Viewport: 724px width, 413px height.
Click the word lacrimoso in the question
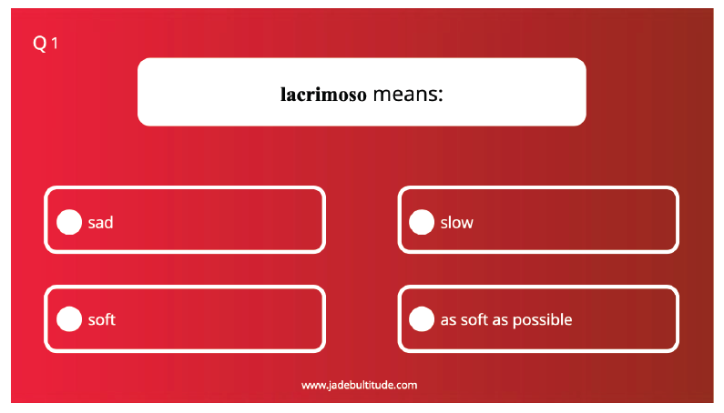click(x=323, y=95)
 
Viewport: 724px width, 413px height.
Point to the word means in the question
click(x=404, y=95)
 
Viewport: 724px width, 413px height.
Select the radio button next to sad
click(x=69, y=222)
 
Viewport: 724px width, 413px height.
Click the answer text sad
click(x=101, y=223)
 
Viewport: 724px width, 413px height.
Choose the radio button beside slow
click(x=422, y=222)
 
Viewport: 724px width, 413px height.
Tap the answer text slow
click(x=456, y=223)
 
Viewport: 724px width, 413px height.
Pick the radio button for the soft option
click(x=69, y=319)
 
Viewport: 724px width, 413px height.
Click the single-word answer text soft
click(x=102, y=319)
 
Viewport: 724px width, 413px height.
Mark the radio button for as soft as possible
click(x=422, y=319)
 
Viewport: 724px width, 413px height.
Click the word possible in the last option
click(x=543, y=320)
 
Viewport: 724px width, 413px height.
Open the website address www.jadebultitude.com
click(x=359, y=386)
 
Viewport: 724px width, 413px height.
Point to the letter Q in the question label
click(x=40, y=44)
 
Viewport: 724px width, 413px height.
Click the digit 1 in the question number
click(x=55, y=44)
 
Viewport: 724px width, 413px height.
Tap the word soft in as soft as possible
click(x=474, y=319)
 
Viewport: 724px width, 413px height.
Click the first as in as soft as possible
click(x=448, y=320)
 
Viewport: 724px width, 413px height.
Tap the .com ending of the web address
click(x=406, y=386)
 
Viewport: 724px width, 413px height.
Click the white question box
click(x=362, y=92)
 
